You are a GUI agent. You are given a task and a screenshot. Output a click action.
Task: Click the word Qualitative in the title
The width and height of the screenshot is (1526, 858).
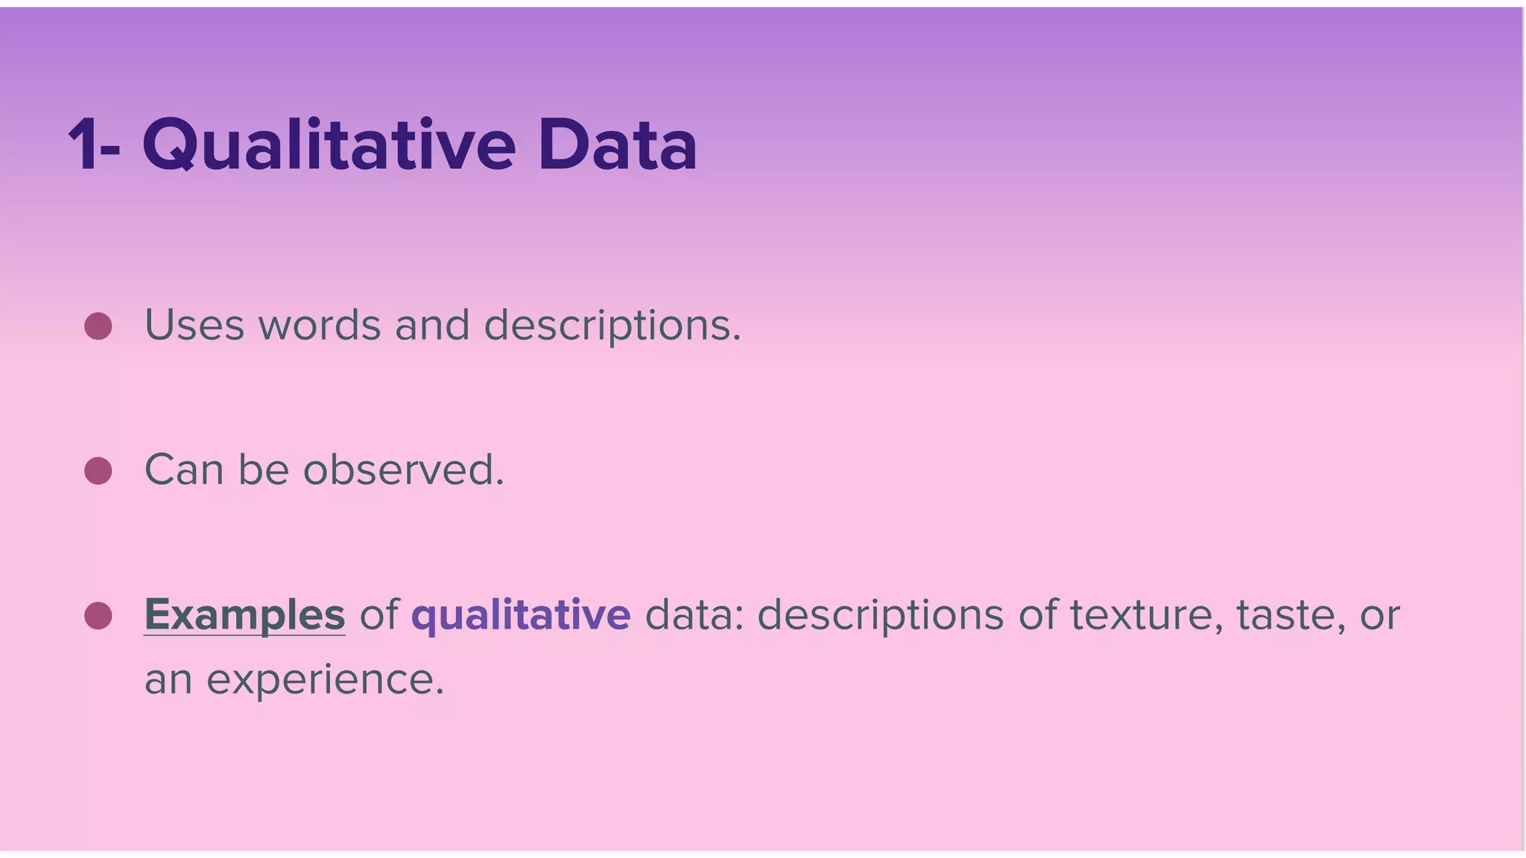329,145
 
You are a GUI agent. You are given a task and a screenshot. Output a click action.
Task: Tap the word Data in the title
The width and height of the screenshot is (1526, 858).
617,145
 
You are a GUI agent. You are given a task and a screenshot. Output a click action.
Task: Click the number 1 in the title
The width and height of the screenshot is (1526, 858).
83,145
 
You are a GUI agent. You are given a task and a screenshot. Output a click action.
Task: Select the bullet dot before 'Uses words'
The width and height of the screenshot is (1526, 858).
98,326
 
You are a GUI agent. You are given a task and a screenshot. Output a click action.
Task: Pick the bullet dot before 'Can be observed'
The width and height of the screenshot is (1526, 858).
98,471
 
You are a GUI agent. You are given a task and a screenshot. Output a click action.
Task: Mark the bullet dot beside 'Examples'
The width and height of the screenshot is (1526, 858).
98,616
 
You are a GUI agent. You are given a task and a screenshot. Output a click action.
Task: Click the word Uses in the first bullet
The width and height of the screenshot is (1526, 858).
194,325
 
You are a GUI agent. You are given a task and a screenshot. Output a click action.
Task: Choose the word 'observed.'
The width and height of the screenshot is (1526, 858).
403,471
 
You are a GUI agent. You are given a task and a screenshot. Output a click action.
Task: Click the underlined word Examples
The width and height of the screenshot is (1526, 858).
244,615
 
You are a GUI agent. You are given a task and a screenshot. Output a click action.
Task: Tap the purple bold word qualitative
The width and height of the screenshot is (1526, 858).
521,615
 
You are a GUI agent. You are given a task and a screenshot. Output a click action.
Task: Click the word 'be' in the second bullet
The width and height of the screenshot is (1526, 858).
263,471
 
